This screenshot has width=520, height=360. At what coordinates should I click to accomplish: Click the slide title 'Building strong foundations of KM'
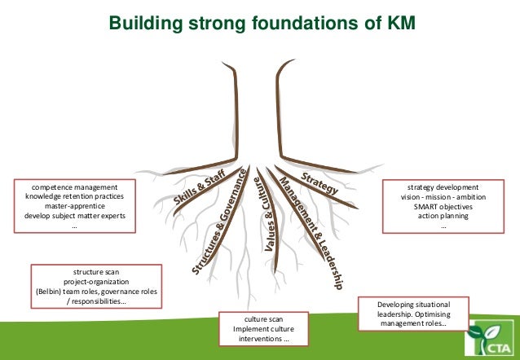262,24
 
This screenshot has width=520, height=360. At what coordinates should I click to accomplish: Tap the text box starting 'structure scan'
95,286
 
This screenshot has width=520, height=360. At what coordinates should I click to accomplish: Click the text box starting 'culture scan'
263,329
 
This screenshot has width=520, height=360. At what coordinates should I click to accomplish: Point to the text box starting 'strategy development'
443,207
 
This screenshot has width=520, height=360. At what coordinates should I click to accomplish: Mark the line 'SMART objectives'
443,206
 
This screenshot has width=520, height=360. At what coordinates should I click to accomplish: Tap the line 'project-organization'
95,281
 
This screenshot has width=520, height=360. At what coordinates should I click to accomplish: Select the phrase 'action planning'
443,216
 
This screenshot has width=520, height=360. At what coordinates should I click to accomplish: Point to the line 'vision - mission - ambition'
443,196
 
